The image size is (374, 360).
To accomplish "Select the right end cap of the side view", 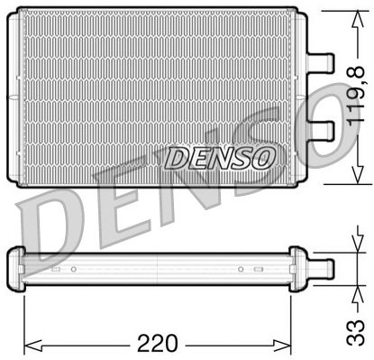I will [x=298, y=266].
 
